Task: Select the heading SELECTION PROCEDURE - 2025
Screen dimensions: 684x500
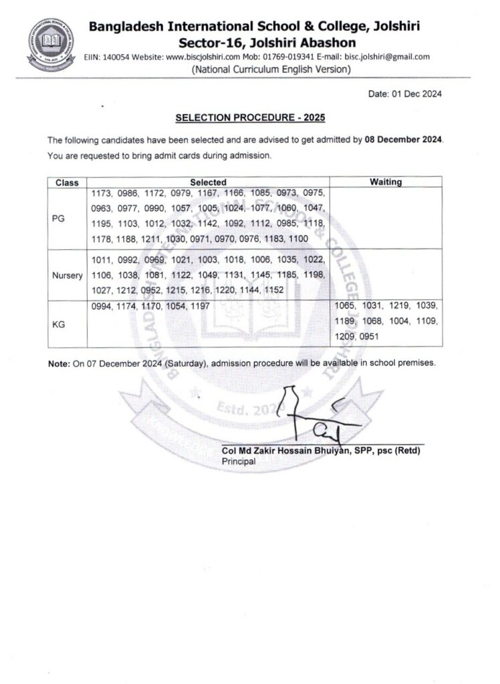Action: click(250, 118)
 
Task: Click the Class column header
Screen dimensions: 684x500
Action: click(67, 182)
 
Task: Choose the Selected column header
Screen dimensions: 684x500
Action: click(208, 182)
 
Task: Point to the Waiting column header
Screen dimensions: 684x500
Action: click(386, 182)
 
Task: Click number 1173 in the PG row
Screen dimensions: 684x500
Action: click(100, 193)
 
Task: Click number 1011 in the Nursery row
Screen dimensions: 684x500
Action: click(100, 259)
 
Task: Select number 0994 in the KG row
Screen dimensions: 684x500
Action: click(100, 306)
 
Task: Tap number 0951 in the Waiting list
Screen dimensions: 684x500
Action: click(369, 337)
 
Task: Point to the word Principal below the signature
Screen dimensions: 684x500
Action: click(234, 461)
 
